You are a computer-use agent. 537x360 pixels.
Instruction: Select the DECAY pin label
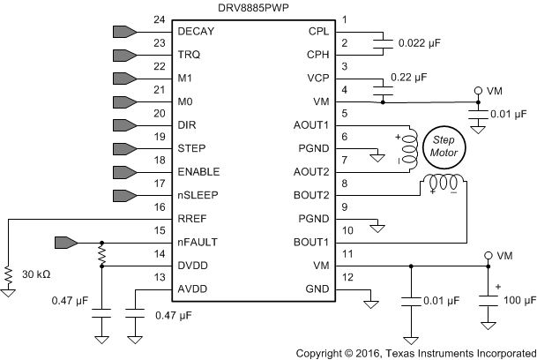point(196,32)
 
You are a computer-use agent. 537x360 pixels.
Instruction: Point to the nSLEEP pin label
point(198,195)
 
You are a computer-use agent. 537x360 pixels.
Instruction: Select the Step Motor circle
point(444,146)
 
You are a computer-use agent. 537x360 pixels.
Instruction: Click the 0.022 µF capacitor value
point(426,41)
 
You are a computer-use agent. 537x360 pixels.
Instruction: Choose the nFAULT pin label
point(199,242)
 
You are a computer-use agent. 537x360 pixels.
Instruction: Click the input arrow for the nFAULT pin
point(66,242)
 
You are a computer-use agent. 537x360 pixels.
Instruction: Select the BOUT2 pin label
point(312,195)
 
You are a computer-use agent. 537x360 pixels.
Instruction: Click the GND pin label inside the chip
point(318,289)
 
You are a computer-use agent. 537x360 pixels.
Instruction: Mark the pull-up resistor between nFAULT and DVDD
point(102,254)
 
